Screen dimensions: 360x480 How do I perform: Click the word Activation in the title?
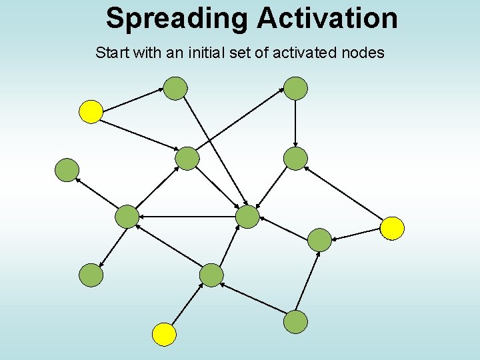pos(327,18)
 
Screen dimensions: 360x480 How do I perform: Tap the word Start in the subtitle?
pos(112,53)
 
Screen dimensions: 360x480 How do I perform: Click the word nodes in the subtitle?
pos(362,53)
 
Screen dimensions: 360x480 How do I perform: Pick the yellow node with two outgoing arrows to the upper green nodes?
pos(91,112)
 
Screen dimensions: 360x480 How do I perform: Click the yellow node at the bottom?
pos(164,334)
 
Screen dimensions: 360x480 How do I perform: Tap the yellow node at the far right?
pos(392,228)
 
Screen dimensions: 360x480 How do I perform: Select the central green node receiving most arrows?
pos(247,217)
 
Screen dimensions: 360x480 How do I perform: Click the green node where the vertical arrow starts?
pos(295,88)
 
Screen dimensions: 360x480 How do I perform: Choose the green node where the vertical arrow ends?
pos(295,159)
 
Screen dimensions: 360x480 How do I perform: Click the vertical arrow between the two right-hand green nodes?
pos(295,123)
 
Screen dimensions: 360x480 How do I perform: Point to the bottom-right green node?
pos(295,322)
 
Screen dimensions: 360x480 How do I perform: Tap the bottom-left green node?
pos(91,275)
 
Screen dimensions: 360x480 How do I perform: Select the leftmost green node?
pos(67,170)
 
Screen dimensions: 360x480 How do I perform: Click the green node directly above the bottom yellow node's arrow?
pos(211,275)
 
